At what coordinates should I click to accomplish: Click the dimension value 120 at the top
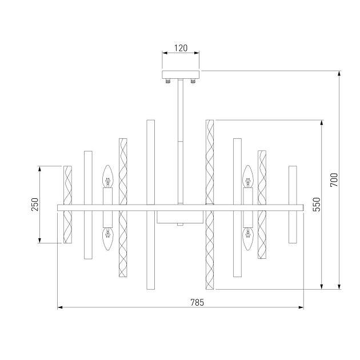(x=181, y=49)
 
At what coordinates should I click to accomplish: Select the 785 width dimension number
(x=181, y=302)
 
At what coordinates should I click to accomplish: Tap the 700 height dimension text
(x=334, y=180)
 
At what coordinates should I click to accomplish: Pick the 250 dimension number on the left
(x=34, y=204)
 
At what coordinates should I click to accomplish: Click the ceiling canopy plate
(x=181, y=74)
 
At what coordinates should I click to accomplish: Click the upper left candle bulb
(x=107, y=177)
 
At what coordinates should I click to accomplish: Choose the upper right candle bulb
(x=248, y=177)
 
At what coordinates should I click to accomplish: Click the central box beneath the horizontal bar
(x=180, y=218)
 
